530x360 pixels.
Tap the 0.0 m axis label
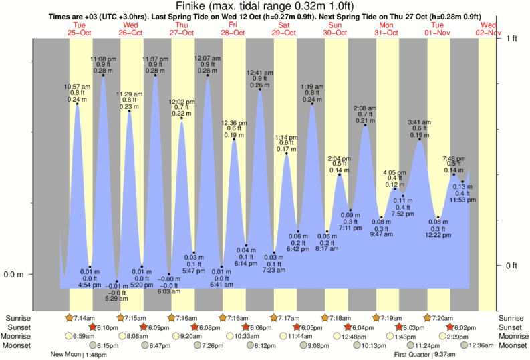(15, 275)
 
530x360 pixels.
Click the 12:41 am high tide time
(260, 72)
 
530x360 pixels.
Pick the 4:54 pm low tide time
(90, 285)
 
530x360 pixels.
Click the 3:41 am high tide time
(420, 122)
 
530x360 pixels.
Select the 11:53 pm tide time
(462, 200)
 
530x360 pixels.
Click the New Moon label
(68, 355)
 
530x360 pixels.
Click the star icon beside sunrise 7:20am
(428, 318)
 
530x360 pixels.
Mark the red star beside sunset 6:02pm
(450, 327)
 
